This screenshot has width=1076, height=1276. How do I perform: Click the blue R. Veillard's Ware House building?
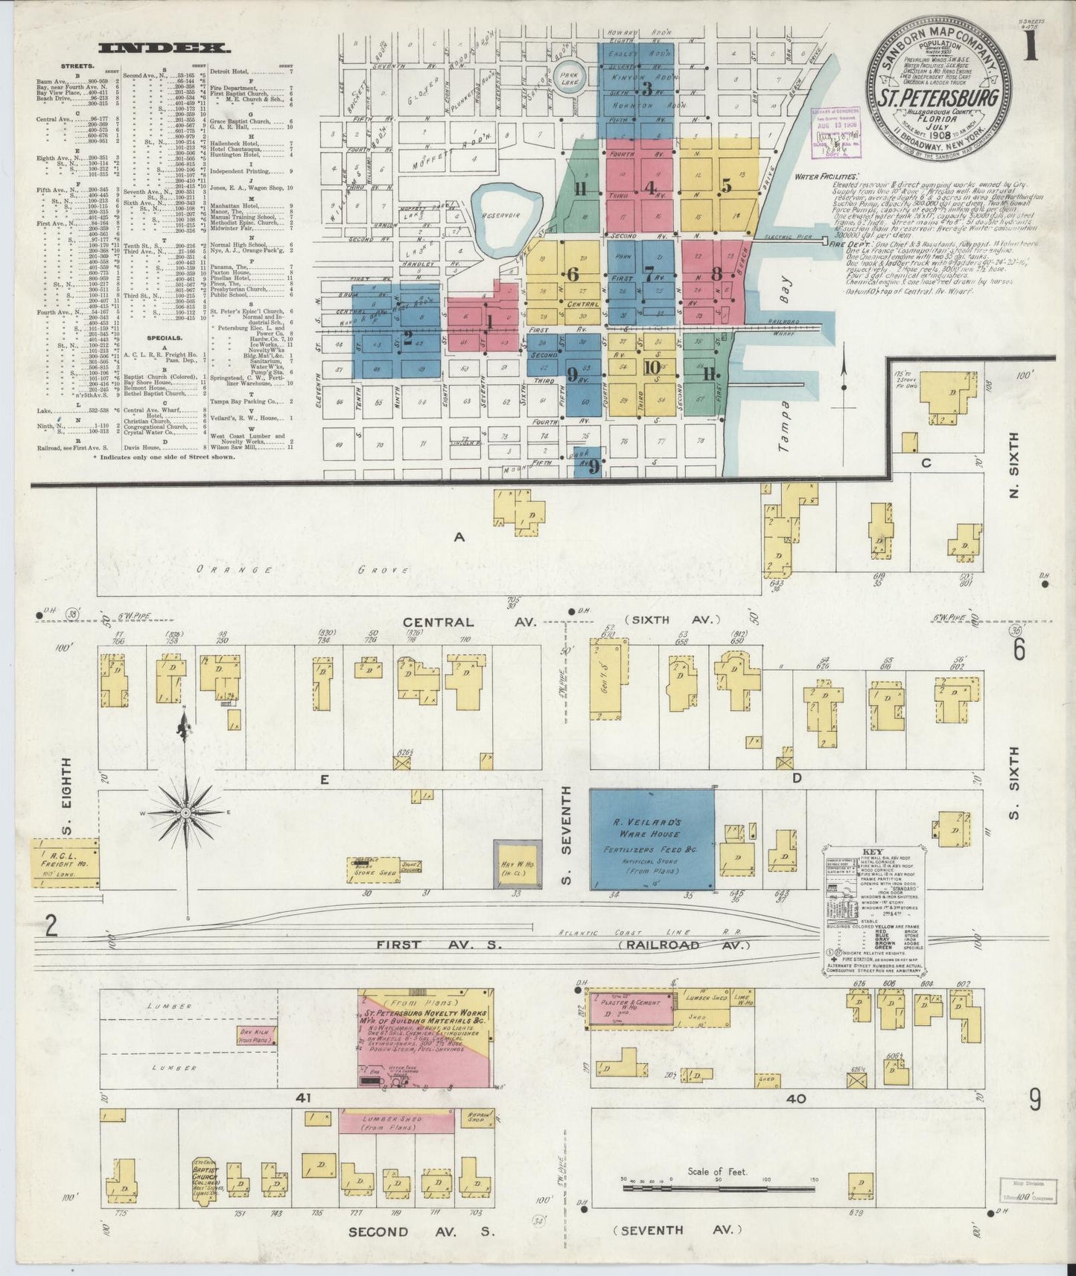[x=652, y=839]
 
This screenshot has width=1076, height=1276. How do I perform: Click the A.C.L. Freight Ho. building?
[x=65, y=862]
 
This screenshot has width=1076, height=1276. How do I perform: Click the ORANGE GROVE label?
[x=302, y=570]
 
